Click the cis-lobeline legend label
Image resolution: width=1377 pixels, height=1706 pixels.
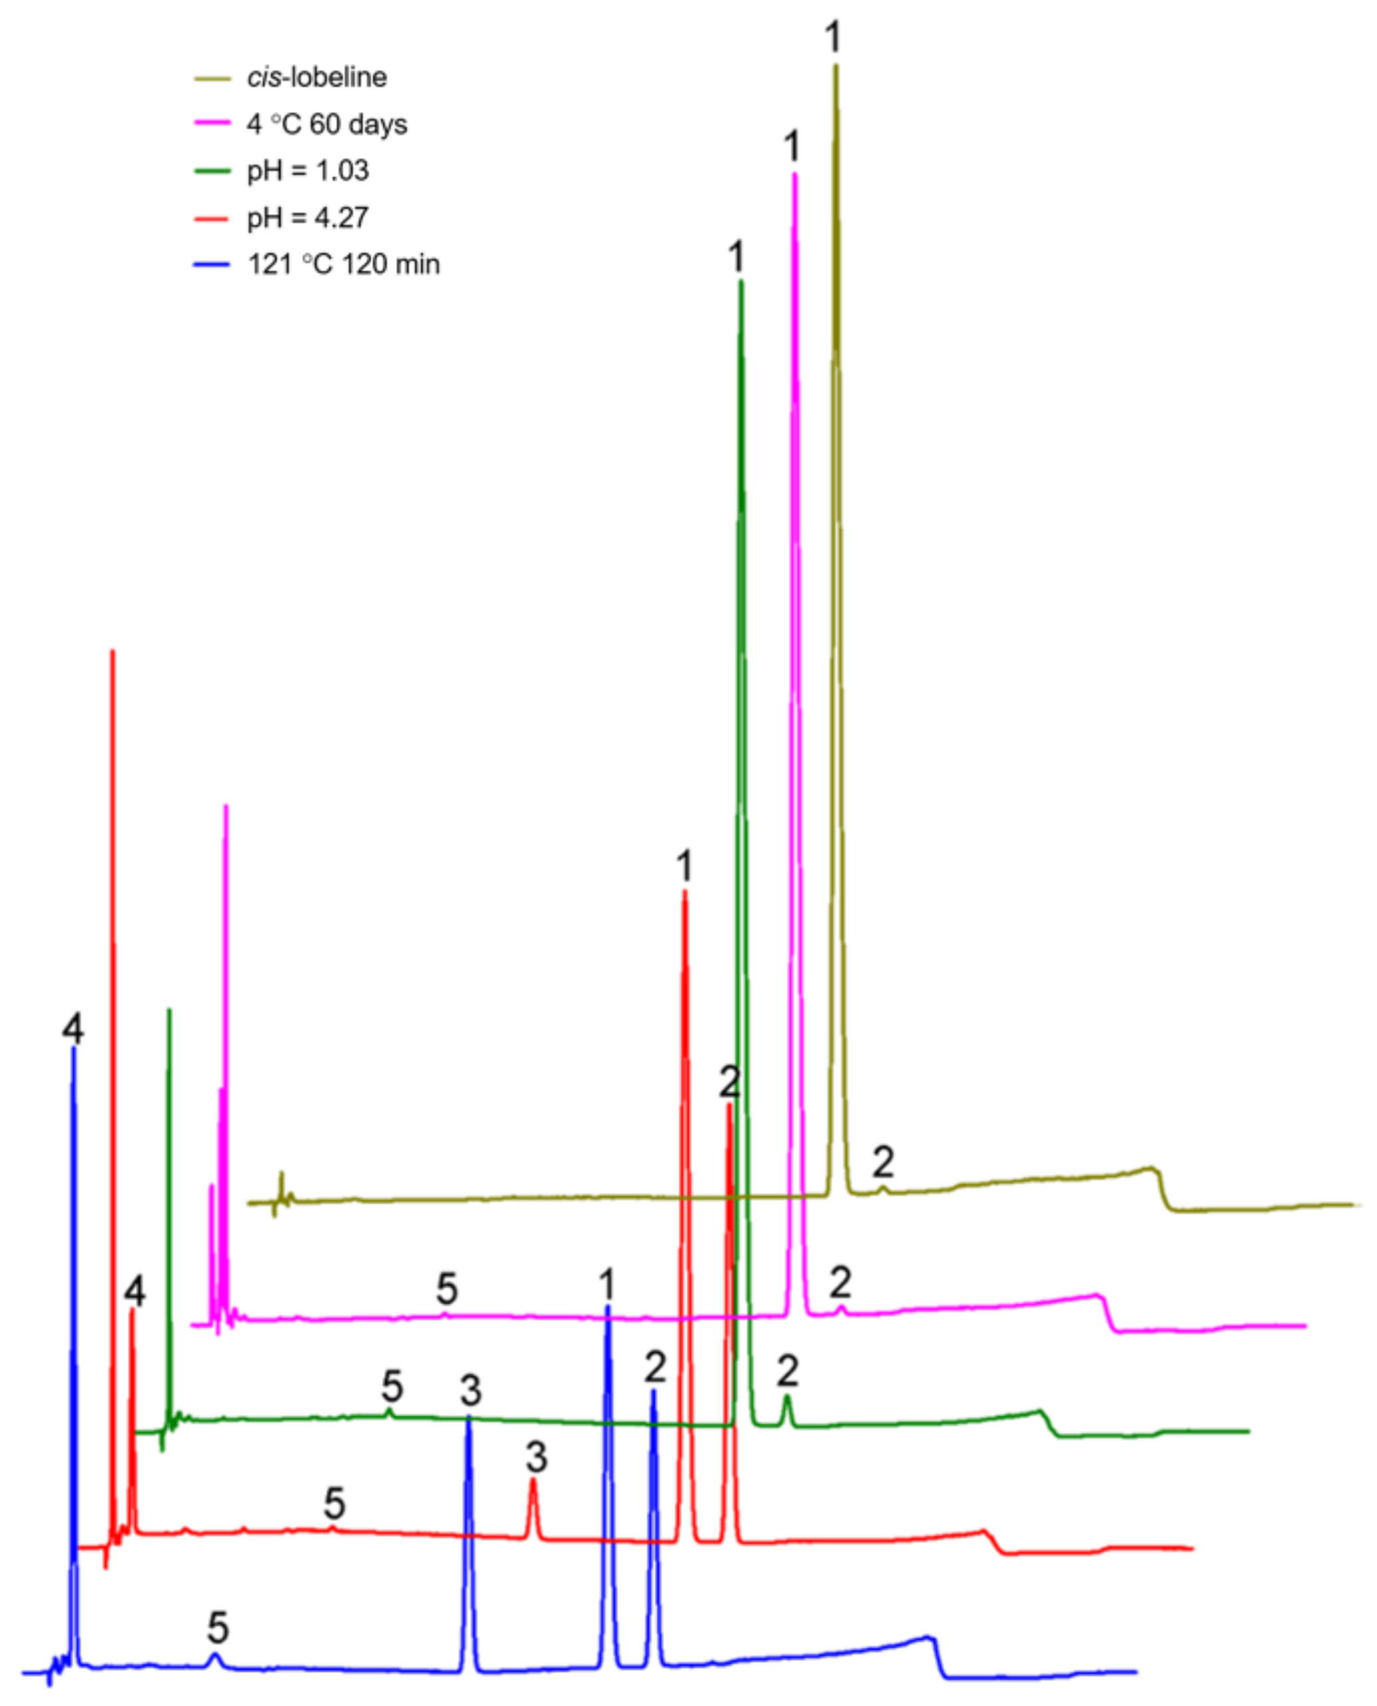point(316,78)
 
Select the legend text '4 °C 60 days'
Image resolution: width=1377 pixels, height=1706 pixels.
point(327,124)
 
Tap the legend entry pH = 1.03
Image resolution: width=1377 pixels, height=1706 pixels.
point(308,170)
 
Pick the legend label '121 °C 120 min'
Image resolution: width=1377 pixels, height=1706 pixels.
point(344,264)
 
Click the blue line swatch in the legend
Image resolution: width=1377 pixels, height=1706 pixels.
point(212,264)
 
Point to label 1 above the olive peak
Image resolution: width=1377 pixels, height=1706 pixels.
point(833,37)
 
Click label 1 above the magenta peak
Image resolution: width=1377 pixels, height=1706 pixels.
point(792,146)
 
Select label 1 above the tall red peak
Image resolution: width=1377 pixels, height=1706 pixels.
point(685,866)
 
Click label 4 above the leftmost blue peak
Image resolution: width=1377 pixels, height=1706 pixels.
point(73,1029)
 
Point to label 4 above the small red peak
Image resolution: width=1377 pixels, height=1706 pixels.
point(135,1291)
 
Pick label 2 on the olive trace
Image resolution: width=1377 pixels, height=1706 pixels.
point(883,1163)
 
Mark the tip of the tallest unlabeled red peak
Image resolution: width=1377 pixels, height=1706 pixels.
point(113,652)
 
